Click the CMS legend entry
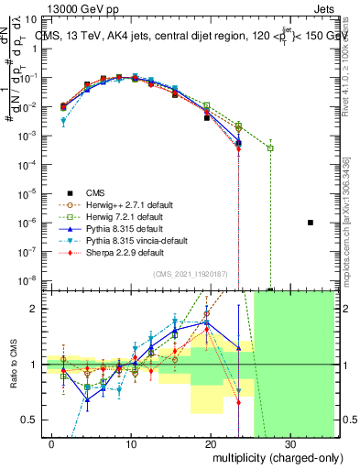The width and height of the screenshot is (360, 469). (x=96, y=191)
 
